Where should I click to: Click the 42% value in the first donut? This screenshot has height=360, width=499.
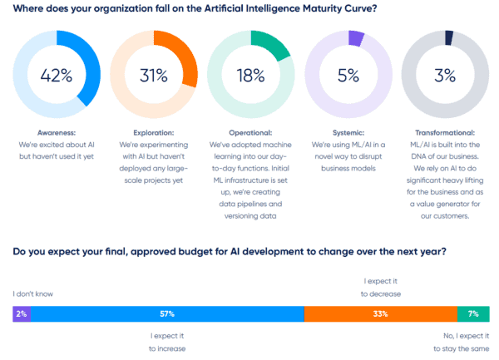pos(57,76)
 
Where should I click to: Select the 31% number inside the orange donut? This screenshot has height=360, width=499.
pos(154,76)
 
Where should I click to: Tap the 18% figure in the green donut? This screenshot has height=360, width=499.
pos(250,76)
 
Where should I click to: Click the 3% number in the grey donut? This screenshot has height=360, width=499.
pos(444,76)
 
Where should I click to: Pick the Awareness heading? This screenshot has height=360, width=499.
pos(57,132)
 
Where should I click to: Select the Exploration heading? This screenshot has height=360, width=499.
pos(154,132)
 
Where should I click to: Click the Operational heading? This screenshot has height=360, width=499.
pos(250,132)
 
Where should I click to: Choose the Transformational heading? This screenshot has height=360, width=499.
pos(444,132)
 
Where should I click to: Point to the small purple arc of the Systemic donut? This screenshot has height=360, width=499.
pos(356,37)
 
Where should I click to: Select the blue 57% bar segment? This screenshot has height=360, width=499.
pos(166,313)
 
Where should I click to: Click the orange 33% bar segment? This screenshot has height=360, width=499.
pos(380,313)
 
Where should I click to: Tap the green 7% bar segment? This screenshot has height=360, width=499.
pos(472,313)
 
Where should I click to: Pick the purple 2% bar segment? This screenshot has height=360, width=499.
pos(21,313)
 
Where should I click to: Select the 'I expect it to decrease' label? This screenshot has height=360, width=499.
pos(380,288)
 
